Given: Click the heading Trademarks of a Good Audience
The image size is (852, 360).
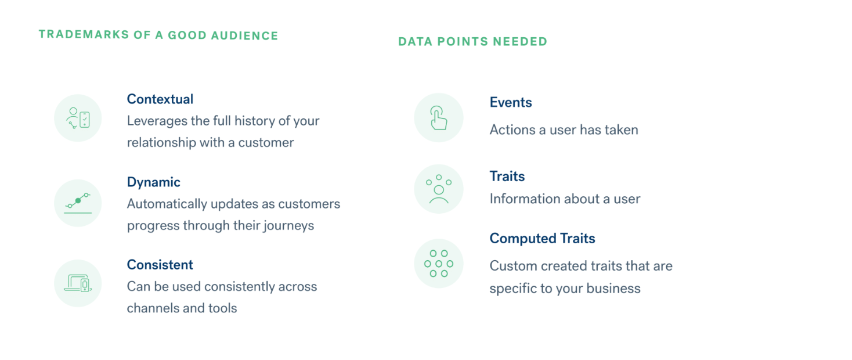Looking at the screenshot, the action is click(158, 35).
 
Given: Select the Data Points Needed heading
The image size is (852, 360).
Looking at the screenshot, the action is click(473, 41).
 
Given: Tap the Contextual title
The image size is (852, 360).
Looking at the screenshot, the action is click(160, 99).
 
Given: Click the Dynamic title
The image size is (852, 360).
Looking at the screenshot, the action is click(154, 182).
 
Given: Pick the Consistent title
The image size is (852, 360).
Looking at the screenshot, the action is click(160, 265).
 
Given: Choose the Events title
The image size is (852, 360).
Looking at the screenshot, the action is click(511, 102).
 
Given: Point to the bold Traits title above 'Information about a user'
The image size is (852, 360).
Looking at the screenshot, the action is click(507, 176).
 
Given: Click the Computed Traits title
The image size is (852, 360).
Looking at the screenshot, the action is click(543, 239).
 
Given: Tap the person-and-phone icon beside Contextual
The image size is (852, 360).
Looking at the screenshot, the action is click(78, 118).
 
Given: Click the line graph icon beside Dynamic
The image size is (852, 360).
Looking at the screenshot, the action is click(78, 203).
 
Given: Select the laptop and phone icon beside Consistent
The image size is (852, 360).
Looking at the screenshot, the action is click(78, 283).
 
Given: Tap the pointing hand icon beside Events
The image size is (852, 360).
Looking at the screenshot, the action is click(439, 118).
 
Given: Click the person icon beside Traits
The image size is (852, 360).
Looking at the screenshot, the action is click(439, 189).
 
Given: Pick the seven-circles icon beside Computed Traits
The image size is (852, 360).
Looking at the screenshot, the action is click(439, 264).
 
